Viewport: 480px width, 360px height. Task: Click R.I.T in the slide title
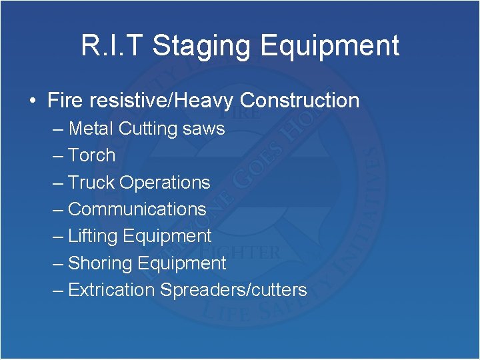pyautogui.click(x=112, y=46)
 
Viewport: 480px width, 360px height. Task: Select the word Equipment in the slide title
pyautogui.click(x=330, y=46)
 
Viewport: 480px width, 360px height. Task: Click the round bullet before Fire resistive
pyautogui.click(x=33, y=101)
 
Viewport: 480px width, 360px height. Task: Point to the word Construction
pyautogui.click(x=299, y=101)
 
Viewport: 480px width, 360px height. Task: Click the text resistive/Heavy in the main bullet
pyautogui.click(x=158, y=101)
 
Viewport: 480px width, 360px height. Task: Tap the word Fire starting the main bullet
pyautogui.click(x=64, y=101)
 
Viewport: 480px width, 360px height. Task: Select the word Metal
pyautogui.click(x=90, y=128)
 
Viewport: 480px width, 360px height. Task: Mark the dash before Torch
pyautogui.click(x=57, y=155)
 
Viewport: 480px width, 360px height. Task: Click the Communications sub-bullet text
pyautogui.click(x=137, y=209)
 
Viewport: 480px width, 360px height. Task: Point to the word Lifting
pyautogui.click(x=93, y=236)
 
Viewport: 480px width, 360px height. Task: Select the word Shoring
pyautogui.click(x=99, y=263)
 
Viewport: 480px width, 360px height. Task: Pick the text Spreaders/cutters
pyautogui.click(x=233, y=290)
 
